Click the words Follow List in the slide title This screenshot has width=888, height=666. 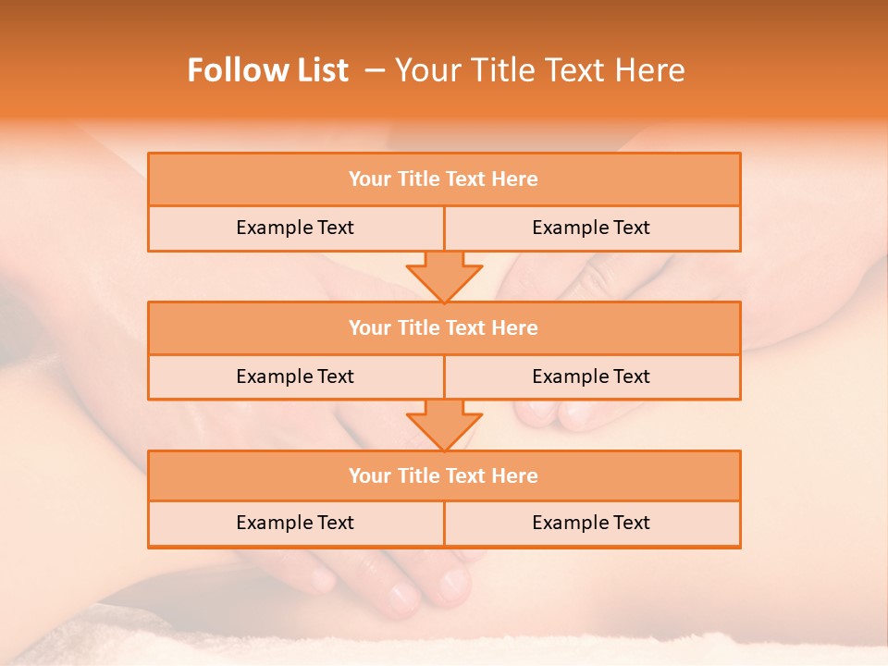coord(267,70)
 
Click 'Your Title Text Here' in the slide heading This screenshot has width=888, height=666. coord(539,70)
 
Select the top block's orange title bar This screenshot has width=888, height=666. coord(444,179)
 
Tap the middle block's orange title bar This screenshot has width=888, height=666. coord(444,327)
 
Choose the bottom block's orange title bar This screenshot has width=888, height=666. coord(444,475)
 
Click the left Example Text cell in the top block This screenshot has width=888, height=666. coord(295,228)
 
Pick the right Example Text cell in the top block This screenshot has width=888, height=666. coord(591,228)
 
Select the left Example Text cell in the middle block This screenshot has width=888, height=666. coord(295,376)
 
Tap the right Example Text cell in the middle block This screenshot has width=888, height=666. coord(591,376)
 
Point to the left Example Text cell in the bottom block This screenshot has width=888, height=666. coord(295,523)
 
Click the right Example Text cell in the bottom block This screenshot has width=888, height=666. coord(591,523)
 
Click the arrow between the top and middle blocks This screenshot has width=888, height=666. coord(444,276)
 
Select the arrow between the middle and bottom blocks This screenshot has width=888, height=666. coord(444,425)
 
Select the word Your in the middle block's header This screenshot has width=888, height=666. coord(369,327)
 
